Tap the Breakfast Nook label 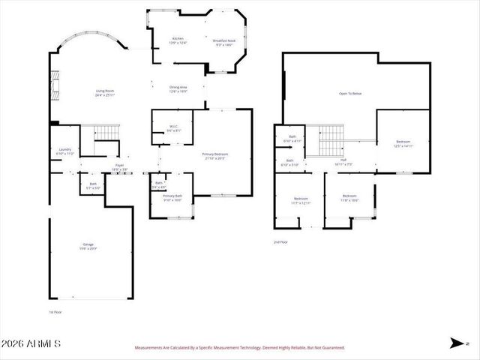[223, 43]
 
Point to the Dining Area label [178, 89]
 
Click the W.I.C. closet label [172, 128]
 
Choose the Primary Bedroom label [215, 156]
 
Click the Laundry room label [65, 151]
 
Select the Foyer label [119, 166]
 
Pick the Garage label [88, 246]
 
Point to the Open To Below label [350, 94]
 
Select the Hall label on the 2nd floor [343, 161]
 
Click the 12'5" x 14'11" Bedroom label [403, 144]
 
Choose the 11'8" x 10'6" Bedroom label [349, 199]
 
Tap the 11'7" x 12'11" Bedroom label [301, 200]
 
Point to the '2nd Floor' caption [280, 242]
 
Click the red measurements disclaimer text [239, 348]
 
